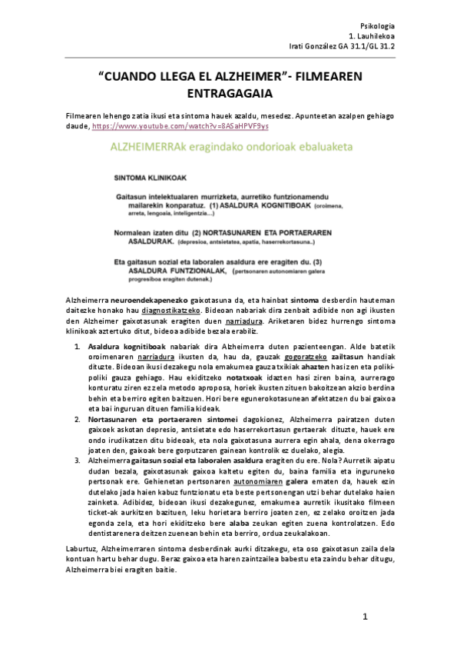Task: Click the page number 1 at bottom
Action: tap(366, 617)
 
